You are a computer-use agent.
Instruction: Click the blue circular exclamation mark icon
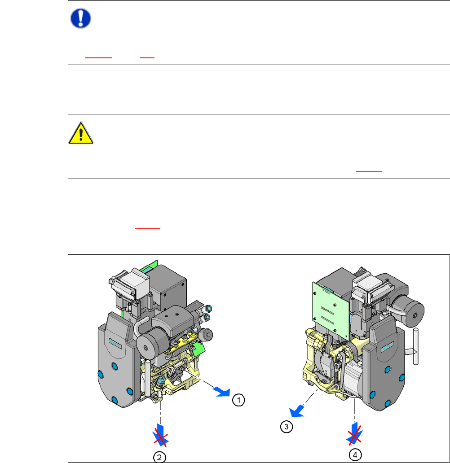point(80,18)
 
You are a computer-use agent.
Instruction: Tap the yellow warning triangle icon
point(81,133)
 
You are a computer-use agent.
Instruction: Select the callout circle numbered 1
point(238,400)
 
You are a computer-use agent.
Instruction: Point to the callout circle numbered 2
point(159,457)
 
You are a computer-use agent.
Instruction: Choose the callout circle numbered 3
point(286,427)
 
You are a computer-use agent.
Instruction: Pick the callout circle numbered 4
point(355,455)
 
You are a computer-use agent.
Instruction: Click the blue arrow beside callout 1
point(222,391)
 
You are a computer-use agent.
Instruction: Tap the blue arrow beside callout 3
point(296,411)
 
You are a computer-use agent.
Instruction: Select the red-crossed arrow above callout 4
point(354,433)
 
